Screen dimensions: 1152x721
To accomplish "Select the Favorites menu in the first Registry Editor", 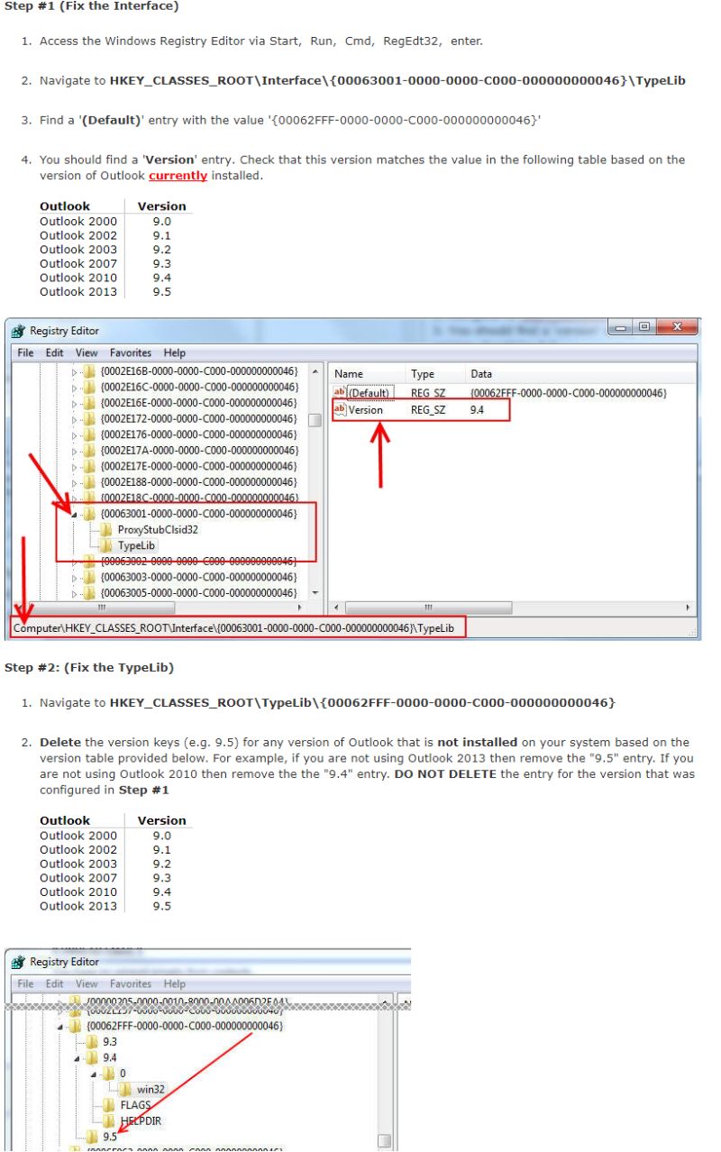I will [x=131, y=352].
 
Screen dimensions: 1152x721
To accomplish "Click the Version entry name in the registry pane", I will [x=365, y=410].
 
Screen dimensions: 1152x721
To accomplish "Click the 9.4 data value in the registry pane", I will [x=479, y=410].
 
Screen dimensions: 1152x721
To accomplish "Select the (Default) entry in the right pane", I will [x=369, y=393].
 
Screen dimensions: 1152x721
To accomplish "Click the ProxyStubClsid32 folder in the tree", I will [x=157, y=529].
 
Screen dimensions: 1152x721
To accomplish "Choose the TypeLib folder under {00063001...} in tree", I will [x=136, y=545].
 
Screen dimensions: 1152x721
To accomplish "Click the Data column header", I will [x=481, y=373].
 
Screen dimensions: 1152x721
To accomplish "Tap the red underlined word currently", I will [x=178, y=175].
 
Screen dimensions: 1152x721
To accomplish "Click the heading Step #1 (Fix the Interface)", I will [x=91, y=7].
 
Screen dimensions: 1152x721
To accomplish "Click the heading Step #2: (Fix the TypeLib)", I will [x=89, y=667].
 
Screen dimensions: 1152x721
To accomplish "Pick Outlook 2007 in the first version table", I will [x=78, y=263].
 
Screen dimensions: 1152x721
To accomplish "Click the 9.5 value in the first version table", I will [x=161, y=291].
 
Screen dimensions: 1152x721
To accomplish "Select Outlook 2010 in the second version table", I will [x=78, y=892].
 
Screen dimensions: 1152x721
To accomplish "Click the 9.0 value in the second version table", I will [x=161, y=836].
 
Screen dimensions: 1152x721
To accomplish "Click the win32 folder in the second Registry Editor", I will [x=151, y=1089].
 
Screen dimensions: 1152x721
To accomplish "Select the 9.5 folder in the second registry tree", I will [x=110, y=1137].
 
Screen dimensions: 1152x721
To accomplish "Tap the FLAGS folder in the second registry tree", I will [x=135, y=1105].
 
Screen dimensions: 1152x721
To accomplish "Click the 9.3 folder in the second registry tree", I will [x=110, y=1040].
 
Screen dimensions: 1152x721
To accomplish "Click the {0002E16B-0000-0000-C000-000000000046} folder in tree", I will [x=198, y=370].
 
